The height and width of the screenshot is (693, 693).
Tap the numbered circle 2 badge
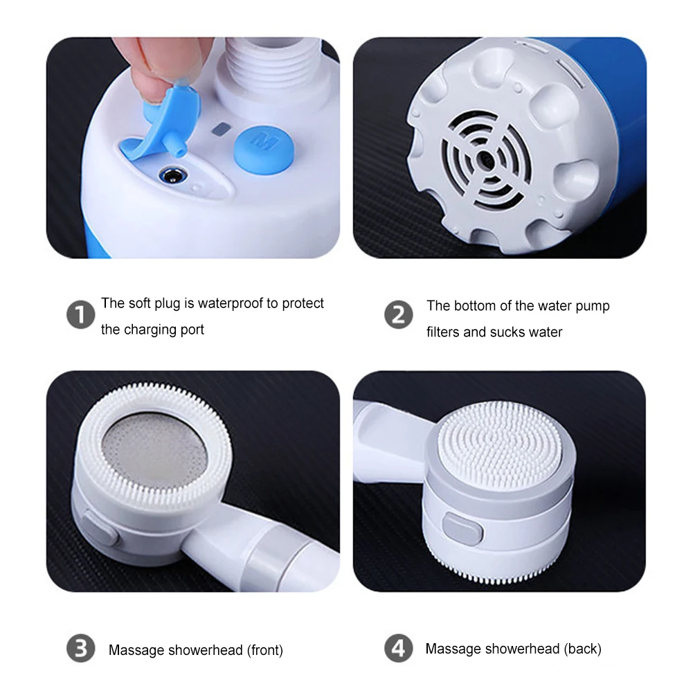pos(398,316)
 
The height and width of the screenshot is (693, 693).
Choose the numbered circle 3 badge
pos(80,649)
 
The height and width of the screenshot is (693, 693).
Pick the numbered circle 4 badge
pos(398,649)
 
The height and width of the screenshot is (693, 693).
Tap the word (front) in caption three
pos(262,650)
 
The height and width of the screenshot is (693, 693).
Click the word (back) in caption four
pos(582,649)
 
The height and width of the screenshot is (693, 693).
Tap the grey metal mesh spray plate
pos(158,450)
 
